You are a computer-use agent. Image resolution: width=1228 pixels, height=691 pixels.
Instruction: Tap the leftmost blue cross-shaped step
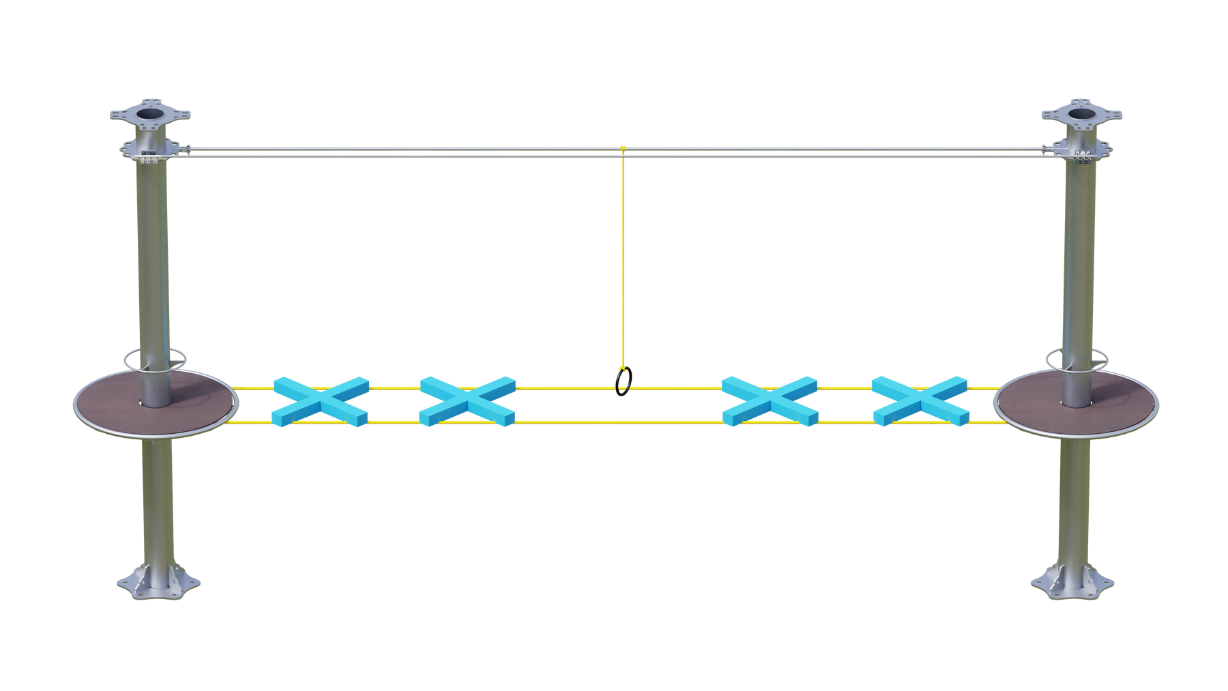coord(320,401)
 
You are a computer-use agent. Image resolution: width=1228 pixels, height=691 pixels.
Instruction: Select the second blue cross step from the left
coord(467,401)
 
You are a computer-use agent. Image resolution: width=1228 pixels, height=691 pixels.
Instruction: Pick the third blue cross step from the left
coord(770,401)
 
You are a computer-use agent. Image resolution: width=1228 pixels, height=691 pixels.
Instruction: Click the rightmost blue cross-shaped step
coord(920,401)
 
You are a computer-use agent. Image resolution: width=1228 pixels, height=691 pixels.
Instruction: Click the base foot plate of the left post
coord(158,583)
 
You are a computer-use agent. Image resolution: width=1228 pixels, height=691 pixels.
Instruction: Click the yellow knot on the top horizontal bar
coord(622,148)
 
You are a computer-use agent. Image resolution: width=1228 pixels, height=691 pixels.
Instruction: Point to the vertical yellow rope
coord(622,259)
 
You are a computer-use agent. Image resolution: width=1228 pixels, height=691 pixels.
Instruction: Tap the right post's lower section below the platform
coord(1074,505)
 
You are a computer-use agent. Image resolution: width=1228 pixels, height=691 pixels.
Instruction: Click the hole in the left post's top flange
coord(149,110)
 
